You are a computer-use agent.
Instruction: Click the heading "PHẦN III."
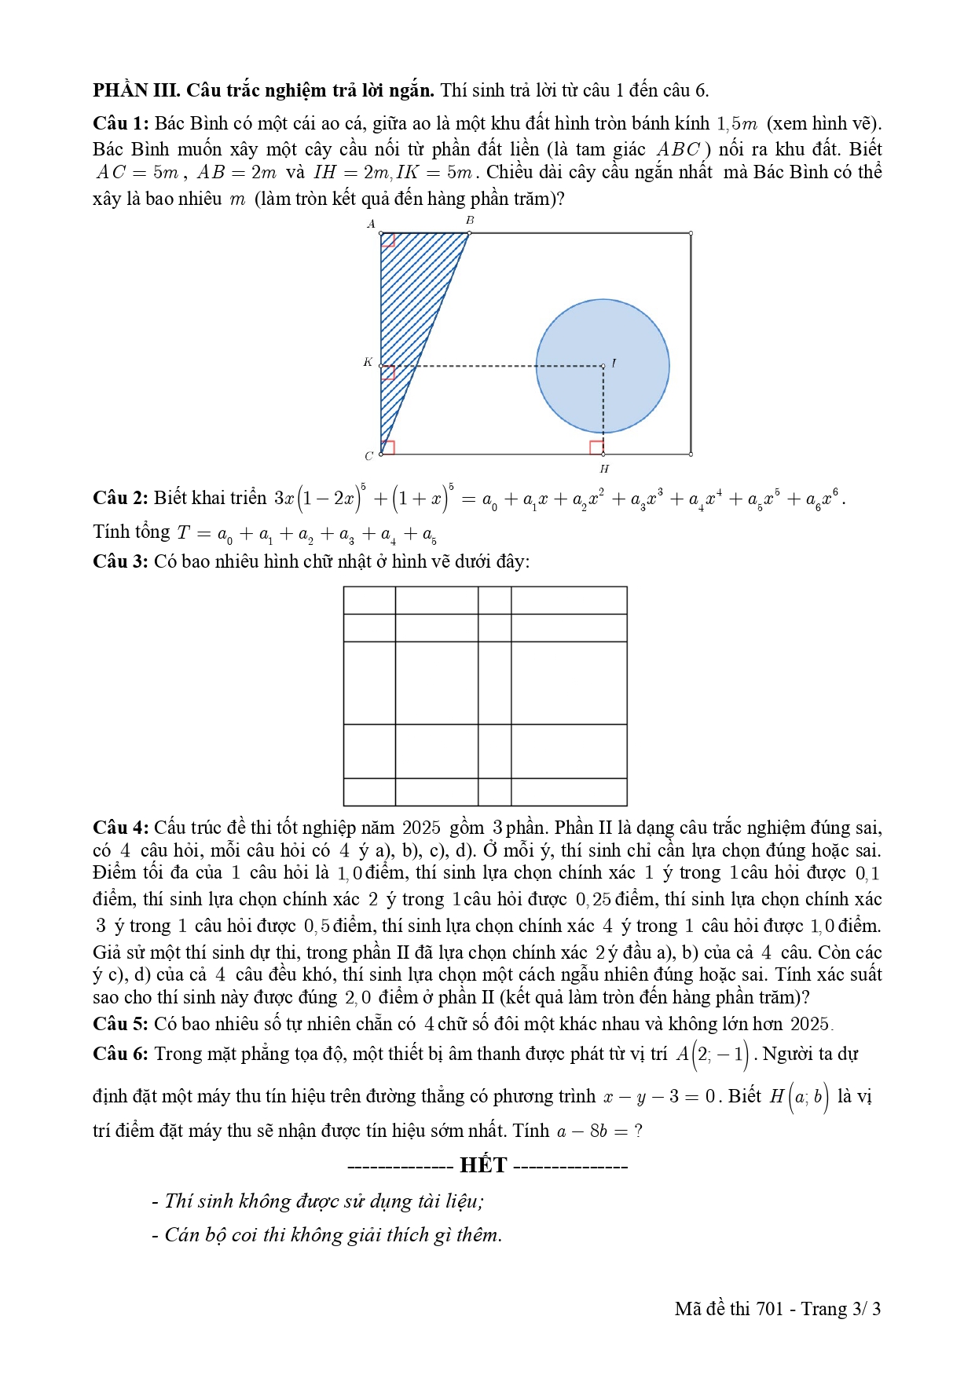137,90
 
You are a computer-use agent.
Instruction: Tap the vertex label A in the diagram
372,224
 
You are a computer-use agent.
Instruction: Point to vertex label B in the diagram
470,221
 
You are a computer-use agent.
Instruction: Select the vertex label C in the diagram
368,456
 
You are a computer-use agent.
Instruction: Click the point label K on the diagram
368,362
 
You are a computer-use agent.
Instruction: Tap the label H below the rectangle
603,469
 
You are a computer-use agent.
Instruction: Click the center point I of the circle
603,366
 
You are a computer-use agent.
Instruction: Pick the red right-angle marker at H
596,448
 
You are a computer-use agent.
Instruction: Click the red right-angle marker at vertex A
388,240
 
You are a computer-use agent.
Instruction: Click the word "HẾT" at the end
483,1165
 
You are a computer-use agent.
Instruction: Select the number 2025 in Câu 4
421,828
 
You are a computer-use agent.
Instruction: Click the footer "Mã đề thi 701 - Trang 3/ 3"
777,1309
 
